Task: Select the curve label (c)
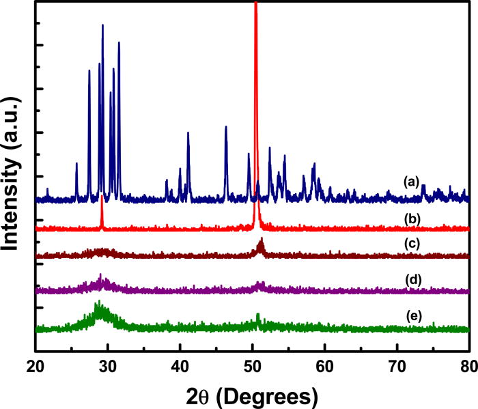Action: click(x=411, y=242)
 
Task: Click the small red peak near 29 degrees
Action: click(x=102, y=205)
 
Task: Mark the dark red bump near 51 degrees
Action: click(x=261, y=244)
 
